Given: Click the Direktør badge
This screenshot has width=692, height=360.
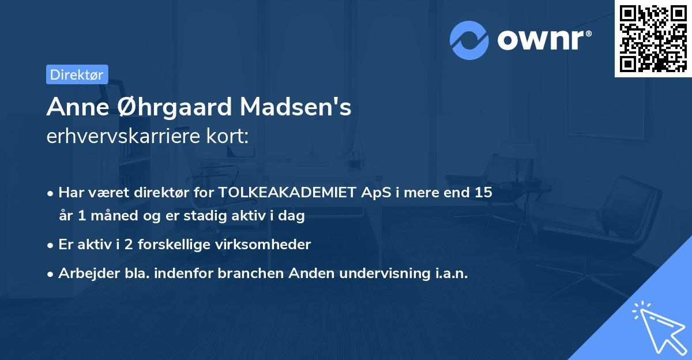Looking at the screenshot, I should pyautogui.click(x=77, y=74).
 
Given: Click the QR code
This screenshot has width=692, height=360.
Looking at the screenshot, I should pyautogui.click(x=653, y=38).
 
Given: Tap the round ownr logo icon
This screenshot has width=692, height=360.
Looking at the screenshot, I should pyautogui.click(x=469, y=40).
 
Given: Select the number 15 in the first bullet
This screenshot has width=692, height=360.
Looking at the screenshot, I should pyautogui.click(x=483, y=193).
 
